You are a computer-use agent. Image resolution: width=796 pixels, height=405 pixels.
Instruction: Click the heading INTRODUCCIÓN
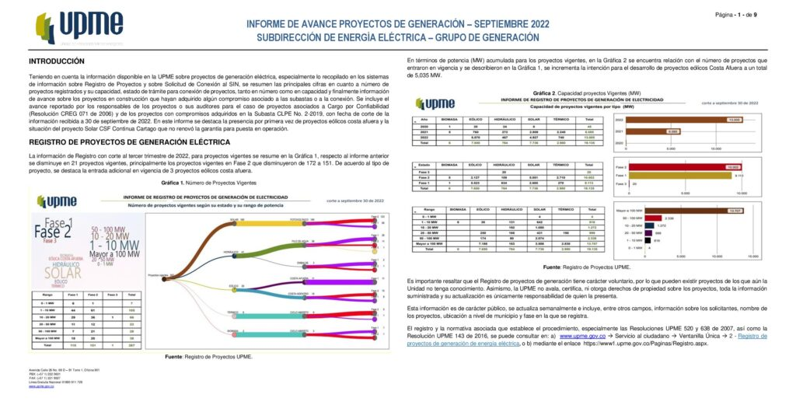click(x=56, y=61)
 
